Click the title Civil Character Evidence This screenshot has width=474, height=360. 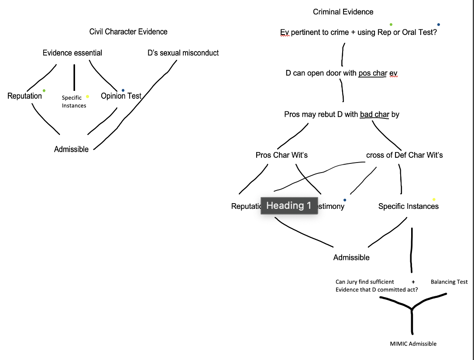pos(128,31)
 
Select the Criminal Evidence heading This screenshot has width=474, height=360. pos(343,12)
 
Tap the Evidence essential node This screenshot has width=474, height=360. pos(72,53)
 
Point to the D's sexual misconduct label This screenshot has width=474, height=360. pos(183,53)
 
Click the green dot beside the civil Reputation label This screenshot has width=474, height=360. pos(44,90)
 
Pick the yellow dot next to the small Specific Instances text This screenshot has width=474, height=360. pos(88,97)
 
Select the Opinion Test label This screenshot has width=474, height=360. pos(121,96)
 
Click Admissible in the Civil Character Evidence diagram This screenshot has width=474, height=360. pos(71,149)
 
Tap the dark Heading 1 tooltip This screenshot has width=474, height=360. pos(289,205)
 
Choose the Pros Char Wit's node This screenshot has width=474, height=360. pos(282,155)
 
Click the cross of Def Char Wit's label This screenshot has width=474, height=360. pos(405,155)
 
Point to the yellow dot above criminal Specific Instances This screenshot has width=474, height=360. pos(434,200)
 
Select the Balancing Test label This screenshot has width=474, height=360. pos(449,282)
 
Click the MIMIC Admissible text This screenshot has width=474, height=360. pos(413,344)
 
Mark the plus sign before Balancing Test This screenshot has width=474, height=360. pos(413,282)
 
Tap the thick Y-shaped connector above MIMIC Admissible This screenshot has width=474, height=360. pos(412,310)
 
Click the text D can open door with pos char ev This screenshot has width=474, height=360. pos(341,73)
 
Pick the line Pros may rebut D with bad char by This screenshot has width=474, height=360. pos(341,114)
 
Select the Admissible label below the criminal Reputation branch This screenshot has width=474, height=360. pos(351,257)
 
